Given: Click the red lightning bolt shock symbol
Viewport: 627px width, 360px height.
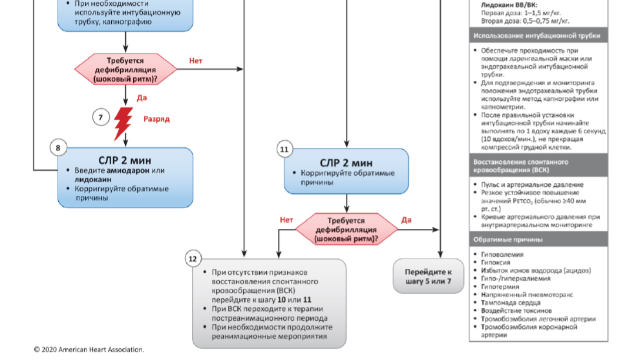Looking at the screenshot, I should click(x=123, y=124).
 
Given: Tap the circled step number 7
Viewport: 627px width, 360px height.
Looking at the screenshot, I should click(x=101, y=118).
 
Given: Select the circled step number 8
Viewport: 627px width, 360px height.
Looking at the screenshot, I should click(x=58, y=148).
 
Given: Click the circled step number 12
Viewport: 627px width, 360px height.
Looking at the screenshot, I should click(x=192, y=259).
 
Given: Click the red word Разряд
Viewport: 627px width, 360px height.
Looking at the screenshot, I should click(x=156, y=120).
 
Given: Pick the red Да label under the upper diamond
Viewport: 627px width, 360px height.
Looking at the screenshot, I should click(x=142, y=98).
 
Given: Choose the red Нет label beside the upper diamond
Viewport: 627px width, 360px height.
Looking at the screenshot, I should click(x=196, y=61).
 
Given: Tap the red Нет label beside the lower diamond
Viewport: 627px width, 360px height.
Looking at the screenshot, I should click(x=286, y=220).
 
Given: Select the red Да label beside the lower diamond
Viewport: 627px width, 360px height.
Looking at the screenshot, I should click(x=407, y=220).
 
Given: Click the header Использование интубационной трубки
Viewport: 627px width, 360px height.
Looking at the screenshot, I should click(x=537, y=36).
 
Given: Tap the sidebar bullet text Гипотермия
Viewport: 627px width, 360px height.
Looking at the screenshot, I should click(x=503, y=286).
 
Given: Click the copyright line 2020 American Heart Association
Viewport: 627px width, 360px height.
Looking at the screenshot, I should click(x=89, y=350).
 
